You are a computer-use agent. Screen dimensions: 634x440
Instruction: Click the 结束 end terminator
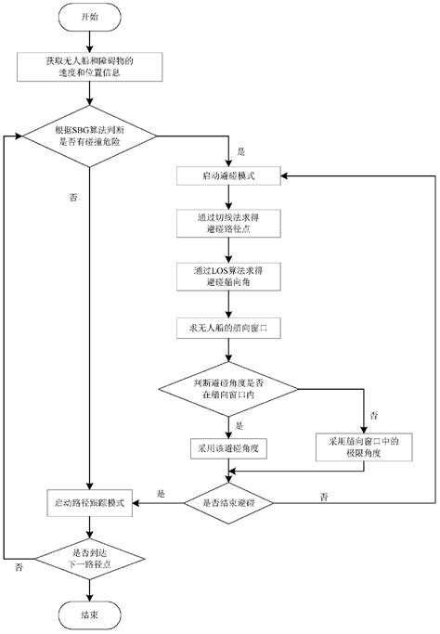pyautogui.click(x=89, y=614)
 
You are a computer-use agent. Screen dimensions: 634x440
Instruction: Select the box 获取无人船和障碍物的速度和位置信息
pyautogui.click(x=89, y=67)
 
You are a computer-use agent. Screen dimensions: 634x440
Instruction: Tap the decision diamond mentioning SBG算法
pyautogui.click(x=89, y=136)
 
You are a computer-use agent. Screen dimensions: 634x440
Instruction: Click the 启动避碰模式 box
pyautogui.click(x=227, y=175)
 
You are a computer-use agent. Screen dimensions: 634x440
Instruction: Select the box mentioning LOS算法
pyautogui.click(x=227, y=275)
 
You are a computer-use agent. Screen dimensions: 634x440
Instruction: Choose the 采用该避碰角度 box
pyautogui.click(x=227, y=447)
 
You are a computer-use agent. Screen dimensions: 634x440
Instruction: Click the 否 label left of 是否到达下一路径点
pyautogui.click(x=18, y=566)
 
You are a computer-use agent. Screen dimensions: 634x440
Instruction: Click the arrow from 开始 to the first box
pyautogui.click(x=89, y=41)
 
